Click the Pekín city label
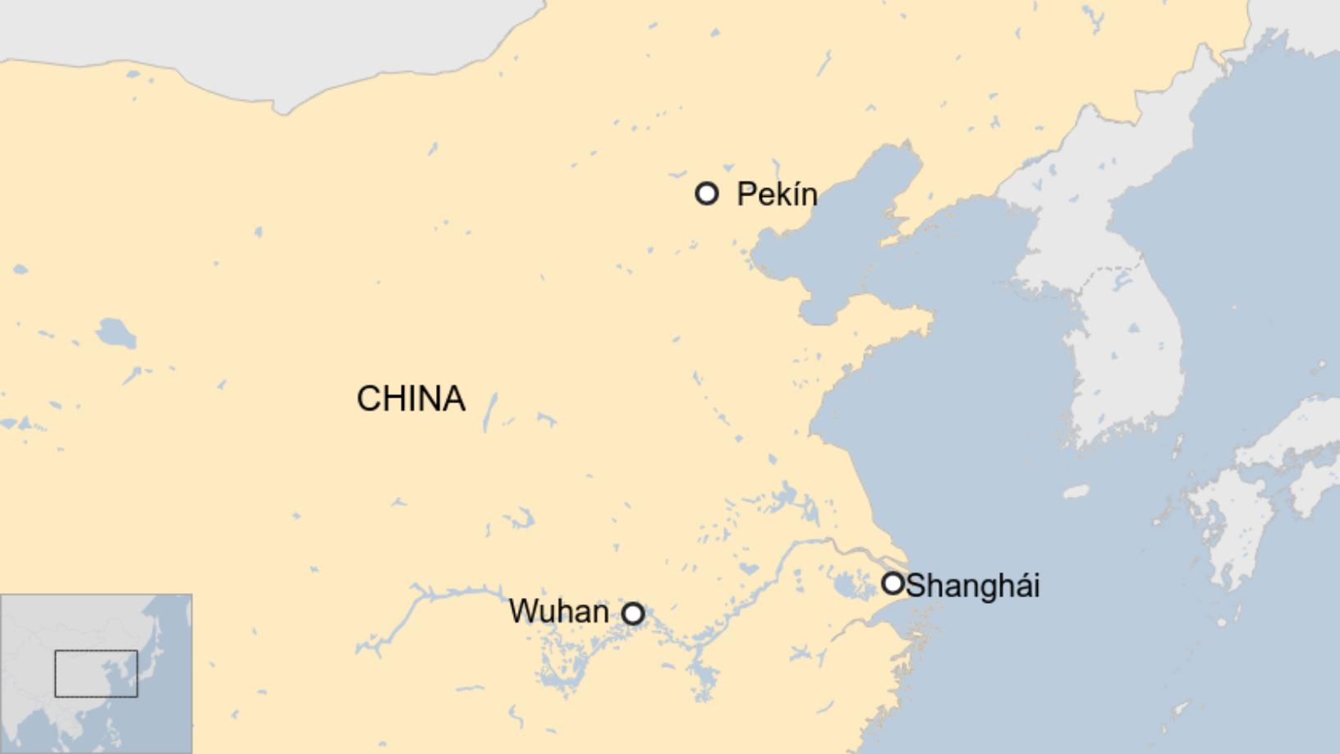(777, 195)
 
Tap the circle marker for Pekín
(707, 194)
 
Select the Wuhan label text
(558, 611)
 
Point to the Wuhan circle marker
(633, 614)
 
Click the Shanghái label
(972, 586)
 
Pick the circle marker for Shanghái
(893, 584)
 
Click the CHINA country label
(411, 399)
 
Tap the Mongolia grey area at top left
(246, 33)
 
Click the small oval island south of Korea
(1076, 492)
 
